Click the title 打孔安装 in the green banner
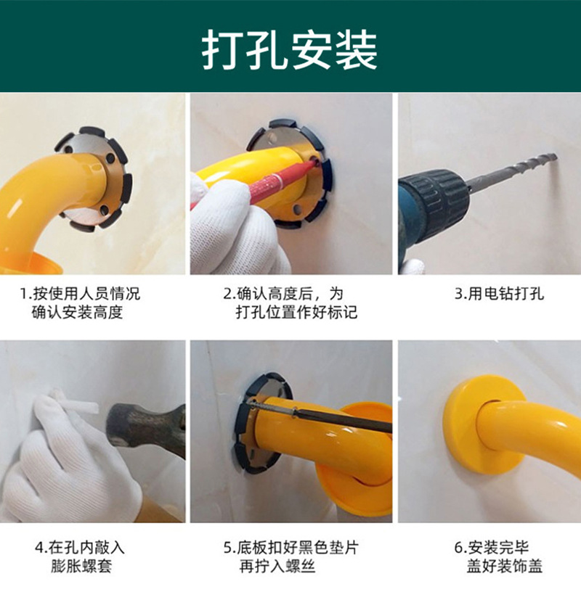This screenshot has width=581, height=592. pyautogui.click(x=290, y=50)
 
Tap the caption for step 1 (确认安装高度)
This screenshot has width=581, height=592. pyautogui.click(x=80, y=303)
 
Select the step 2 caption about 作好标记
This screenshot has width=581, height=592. pyautogui.click(x=290, y=303)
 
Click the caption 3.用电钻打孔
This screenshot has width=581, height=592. pyautogui.click(x=499, y=294)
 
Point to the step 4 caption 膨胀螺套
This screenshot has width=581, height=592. pyautogui.click(x=80, y=556)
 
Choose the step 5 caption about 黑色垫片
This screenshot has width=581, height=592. pyautogui.click(x=290, y=556)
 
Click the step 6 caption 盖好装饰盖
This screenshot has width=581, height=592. pyautogui.click(x=499, y=556)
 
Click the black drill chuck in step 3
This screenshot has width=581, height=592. pyautogui.click(x=435, y=200)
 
